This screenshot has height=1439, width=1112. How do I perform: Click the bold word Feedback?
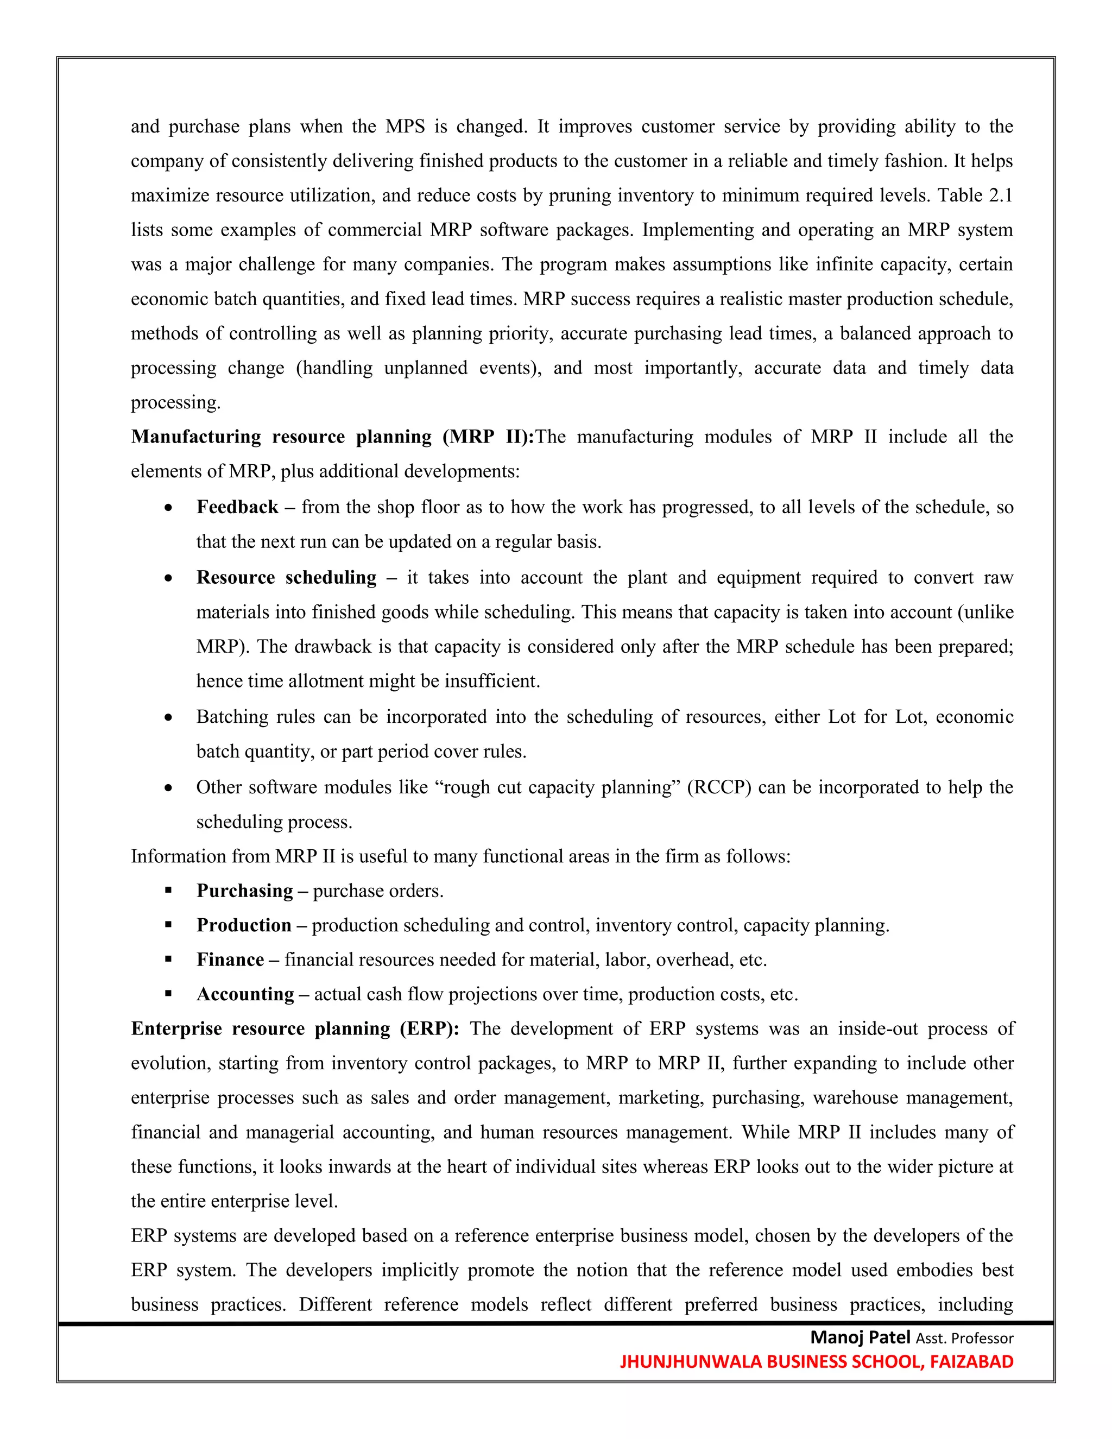237,507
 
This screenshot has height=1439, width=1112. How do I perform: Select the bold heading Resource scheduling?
287,578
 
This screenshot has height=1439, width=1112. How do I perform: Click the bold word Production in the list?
244,925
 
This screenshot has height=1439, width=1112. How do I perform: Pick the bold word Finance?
230,960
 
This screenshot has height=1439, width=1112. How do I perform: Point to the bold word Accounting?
245,994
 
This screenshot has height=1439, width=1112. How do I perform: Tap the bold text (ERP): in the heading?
429,1029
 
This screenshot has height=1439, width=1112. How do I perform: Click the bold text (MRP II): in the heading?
488,437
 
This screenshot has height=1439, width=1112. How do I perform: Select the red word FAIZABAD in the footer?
971,1361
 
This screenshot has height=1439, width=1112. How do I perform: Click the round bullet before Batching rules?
169,717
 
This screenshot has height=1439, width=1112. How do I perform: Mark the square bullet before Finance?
169,960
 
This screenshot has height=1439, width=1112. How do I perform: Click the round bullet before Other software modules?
169,788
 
